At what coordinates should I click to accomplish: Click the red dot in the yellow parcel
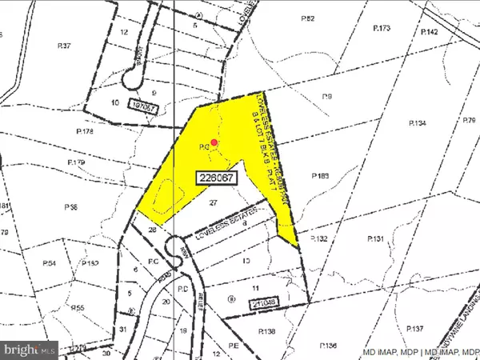(214, 144)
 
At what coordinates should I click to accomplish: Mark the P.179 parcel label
(78, 162)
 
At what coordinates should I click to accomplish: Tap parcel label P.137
(414, 329)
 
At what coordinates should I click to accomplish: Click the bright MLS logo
(30, 349)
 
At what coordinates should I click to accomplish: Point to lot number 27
(213, 203)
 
